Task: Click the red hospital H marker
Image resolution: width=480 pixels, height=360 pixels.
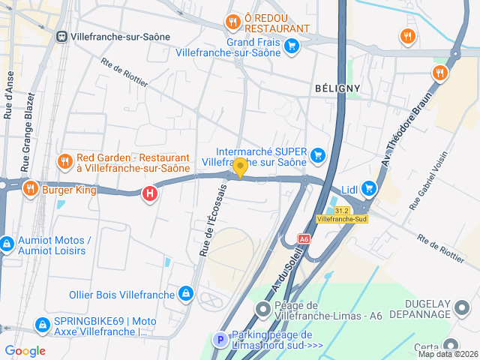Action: pyautogui.click(x=150, y=193)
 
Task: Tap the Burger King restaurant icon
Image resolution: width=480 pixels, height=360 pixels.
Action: pyautogui.click(x=30, y=187)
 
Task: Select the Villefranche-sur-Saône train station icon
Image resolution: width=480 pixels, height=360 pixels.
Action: pyautogui.click(x=61, y=36)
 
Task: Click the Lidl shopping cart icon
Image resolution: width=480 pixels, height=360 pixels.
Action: pyautogui.click(x=368, y=188)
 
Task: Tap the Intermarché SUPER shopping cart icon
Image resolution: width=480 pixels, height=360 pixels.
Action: pyautogui.click(x=318, y=155)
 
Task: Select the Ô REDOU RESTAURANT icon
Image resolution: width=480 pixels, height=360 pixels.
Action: pyautogui.click(x=233, y=21)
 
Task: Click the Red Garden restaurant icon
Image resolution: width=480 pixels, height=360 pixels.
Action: pyautogui.click(x=64, y=160)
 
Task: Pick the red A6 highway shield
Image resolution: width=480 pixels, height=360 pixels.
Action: pyautogui.click(x=304, y=238)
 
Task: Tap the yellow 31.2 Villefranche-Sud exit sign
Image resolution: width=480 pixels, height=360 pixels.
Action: pyautogui.click(x=342, y=214)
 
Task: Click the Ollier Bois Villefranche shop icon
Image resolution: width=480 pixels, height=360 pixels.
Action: pyautogui.click(x=185, y=293)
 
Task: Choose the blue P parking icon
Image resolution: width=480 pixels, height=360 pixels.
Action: pyautogui.click(x=220, y=340)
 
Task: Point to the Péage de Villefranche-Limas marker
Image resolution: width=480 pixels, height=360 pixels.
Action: pyautogui.click(x=262, y=309)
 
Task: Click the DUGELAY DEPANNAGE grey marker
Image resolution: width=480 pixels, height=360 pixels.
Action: pyautogui.click(x=462, y=307)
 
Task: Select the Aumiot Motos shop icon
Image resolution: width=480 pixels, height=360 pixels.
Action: pyautogui.click(x=6, y=244)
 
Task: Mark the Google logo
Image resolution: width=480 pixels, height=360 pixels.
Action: pyautogui.click(x=25, y=351)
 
